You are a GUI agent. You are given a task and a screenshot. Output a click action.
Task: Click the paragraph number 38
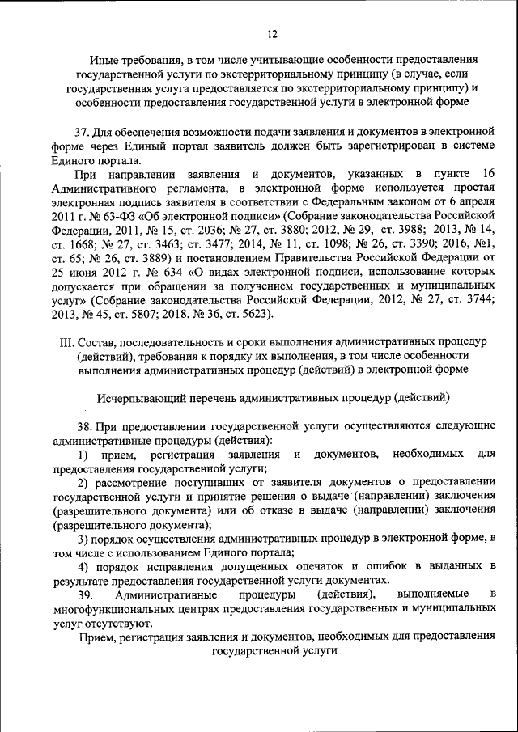(x=83, y=426)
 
